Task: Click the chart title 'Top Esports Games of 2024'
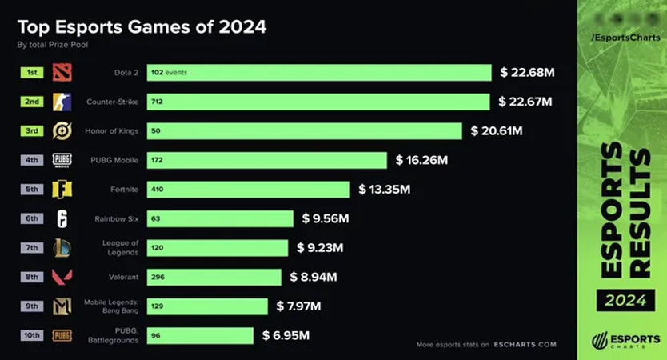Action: click(142, 27)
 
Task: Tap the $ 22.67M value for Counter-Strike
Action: click(525, 102)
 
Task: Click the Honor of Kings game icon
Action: click(62, 131)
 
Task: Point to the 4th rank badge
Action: click(31, 160)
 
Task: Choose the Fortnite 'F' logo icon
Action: click(62, 190)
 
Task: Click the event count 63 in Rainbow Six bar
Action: click(156, 219)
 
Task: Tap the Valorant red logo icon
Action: click(62, 277)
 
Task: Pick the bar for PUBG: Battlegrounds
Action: click(199, 335)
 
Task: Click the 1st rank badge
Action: click(31, 73)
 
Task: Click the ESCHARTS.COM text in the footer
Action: click(525, 345)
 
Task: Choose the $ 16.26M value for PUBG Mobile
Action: click(421, 160)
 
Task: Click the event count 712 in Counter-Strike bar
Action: click(158, 102)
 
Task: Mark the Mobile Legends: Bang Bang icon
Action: click(62, 306)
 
